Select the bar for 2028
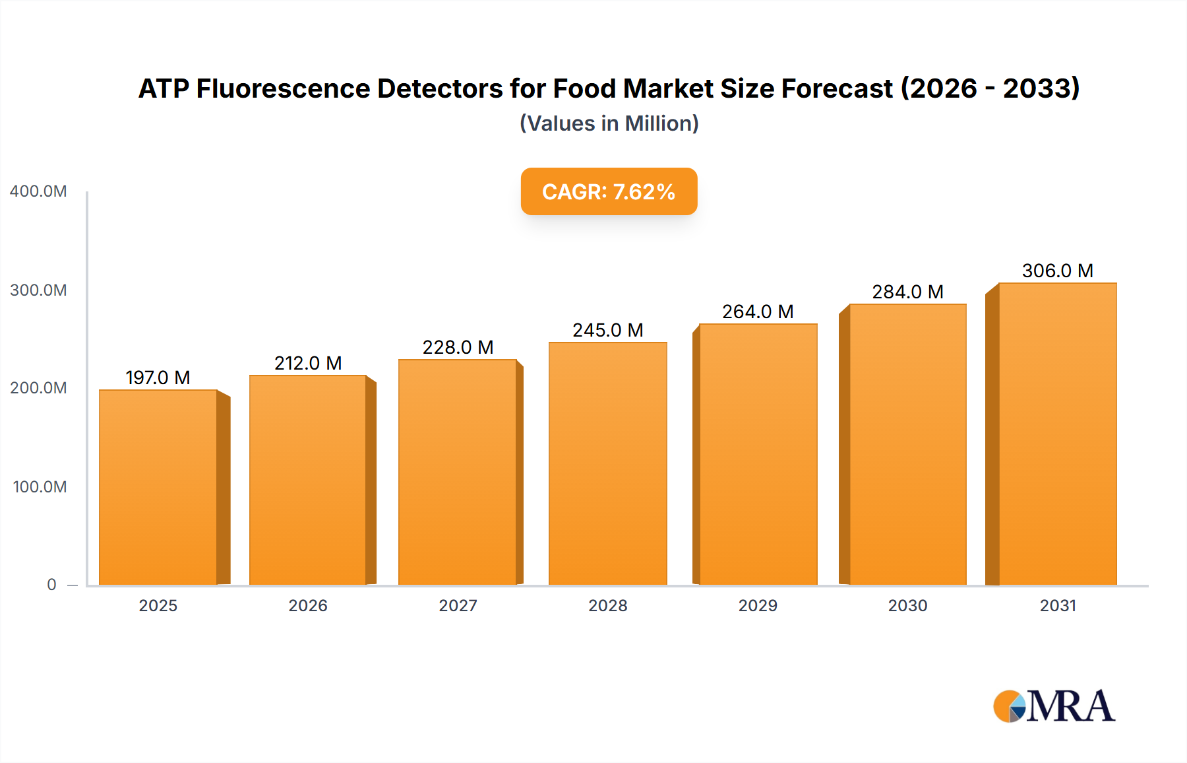coord(607,463)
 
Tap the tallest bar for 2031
coord(1057,434)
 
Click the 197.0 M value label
coord(158,378)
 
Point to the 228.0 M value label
coord(458,347)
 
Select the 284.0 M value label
coord(907,292)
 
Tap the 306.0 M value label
coord(1057,271)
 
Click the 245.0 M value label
coord(607,330)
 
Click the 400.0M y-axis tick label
coord(38,191)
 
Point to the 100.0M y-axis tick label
coord(40,487)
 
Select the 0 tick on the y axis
coord(51,585)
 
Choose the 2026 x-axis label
coord(308,606)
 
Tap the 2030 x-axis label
coord(907,606)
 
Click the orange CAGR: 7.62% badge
coord(609,191)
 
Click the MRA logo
coord(1054,706)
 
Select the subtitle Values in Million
coord(609,123)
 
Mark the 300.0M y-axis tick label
coord(38,290)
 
